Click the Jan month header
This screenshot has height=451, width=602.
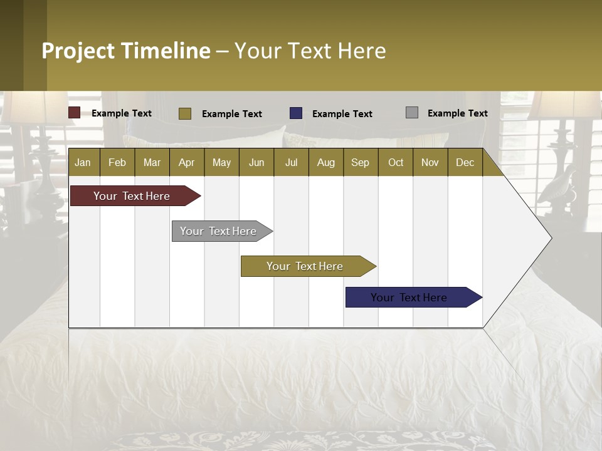coord(83,162)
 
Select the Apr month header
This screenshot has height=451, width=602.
coord(186,162)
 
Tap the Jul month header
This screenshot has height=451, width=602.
coord(291,162)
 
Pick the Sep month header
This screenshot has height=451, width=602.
coord(360,162)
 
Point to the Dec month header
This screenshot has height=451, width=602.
coord(465,162)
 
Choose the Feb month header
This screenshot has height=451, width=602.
coord(117,162)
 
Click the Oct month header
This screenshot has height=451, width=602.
coord(396,162)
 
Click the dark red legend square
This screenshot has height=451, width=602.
coord(74,113)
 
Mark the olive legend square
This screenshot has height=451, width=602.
coord(184,113)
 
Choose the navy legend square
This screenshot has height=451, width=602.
coord(296,113)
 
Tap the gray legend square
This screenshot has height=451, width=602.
coord(412,113)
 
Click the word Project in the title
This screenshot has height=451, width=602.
coord(78,51)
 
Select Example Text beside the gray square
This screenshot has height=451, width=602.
coord(457,113)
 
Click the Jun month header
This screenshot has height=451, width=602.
coord(256,162)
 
